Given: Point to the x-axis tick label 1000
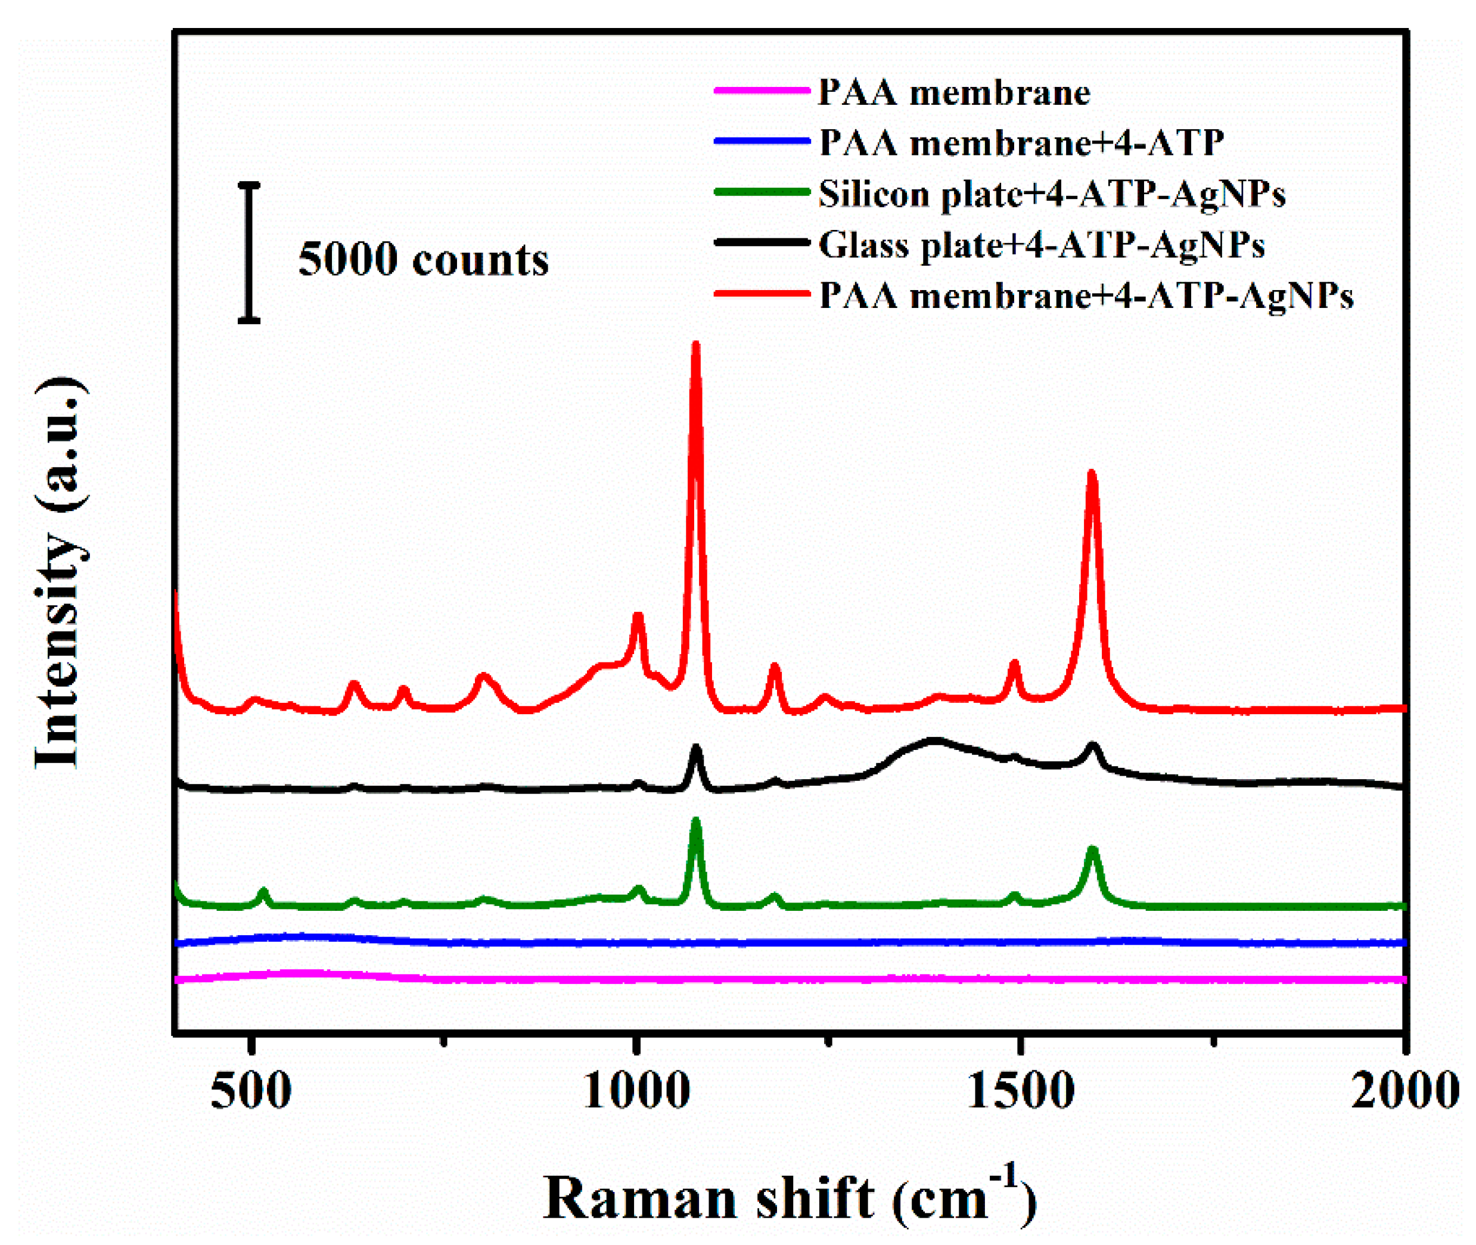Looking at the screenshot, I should point(637,1091).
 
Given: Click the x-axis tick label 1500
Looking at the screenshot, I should point(1020,1091).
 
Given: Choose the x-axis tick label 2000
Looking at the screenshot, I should point(1404,1091).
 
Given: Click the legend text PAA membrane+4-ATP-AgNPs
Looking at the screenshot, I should point(1086,295).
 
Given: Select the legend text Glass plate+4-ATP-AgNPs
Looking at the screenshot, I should point(1041,245).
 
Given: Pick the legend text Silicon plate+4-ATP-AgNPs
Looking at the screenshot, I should point(1052,194).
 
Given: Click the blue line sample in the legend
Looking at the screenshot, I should point(761,141).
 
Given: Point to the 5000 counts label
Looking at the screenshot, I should point(423,260).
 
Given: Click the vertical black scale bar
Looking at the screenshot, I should point(248,253).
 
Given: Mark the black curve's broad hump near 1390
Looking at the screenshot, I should point(934,742).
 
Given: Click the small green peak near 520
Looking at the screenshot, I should point(263,893).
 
